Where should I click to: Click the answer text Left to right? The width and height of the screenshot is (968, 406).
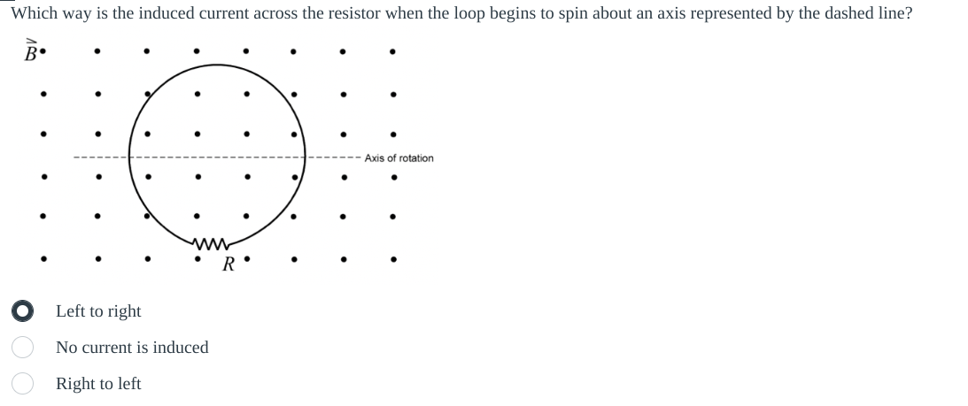(x=98, y=311)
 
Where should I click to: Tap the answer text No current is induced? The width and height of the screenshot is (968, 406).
(x=132, y=348)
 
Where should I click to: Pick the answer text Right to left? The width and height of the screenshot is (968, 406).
(x=98, y=384)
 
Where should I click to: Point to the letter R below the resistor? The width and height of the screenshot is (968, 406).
(x=228, y=263)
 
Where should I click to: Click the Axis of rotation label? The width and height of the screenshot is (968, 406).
(x=399, y=158)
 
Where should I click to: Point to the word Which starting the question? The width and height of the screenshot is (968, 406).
(x=34, y=14)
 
